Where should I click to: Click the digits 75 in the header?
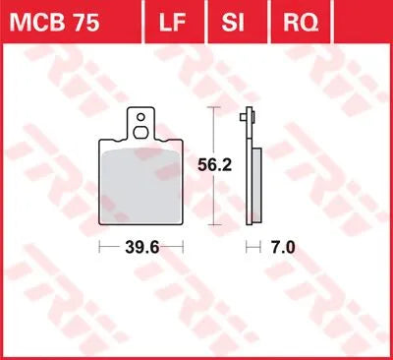pyautogui.click(x=98, y=20)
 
